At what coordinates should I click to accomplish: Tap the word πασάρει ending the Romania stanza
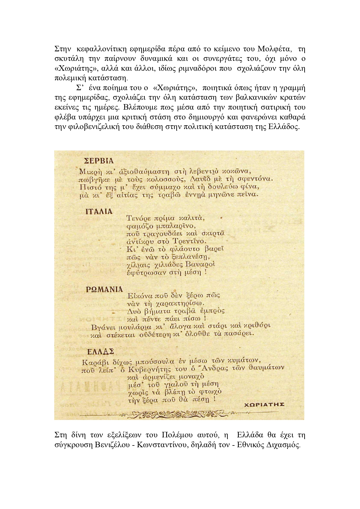pos(240,333)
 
